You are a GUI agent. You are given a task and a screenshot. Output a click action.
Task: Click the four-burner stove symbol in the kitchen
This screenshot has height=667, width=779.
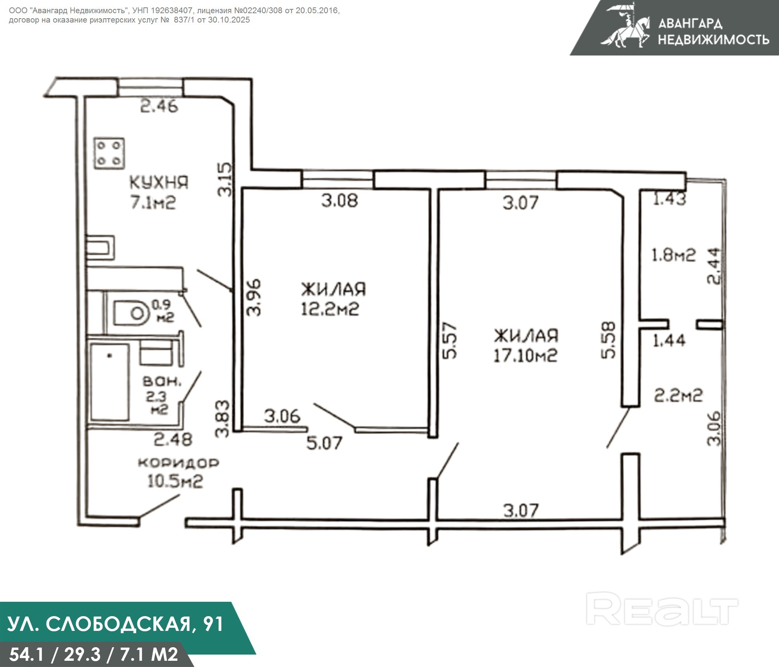[x=109, y=153]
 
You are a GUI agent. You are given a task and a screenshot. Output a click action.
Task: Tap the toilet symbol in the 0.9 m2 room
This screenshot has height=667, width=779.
[x=131, y=313]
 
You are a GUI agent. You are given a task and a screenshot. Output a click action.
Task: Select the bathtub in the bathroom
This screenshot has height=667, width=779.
[x=110, y=382]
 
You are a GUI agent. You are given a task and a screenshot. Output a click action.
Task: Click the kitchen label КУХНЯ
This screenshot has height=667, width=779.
[x=158, y=182]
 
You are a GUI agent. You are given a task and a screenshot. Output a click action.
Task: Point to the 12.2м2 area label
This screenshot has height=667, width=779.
[x=330, y=309]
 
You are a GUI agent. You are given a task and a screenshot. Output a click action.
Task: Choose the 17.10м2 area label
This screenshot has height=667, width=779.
[x=525, y=356]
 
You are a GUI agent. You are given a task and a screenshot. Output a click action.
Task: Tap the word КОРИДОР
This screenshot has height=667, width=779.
[x=179, y=463]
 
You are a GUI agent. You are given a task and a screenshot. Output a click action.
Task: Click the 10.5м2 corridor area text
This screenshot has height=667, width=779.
[x=175, y=482]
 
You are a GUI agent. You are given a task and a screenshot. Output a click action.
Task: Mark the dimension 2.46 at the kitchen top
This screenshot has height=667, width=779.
[x=159, y=106]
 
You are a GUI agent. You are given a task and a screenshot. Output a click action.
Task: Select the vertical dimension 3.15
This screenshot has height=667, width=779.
[x=225, y=179]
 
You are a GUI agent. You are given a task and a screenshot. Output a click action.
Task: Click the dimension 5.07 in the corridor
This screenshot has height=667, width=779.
[x=324, y=443]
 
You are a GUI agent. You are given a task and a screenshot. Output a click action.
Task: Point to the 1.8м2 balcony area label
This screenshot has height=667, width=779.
[x=673, y=255]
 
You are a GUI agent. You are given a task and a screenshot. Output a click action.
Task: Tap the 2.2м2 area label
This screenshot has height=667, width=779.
[x=678, y=396]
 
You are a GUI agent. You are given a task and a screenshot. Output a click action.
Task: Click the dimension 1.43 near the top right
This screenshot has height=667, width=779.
[x=670, y=199]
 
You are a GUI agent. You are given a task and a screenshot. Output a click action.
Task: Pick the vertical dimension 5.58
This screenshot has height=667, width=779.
[x=608, y=340]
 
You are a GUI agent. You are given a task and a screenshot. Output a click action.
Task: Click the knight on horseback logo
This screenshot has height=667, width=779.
[x=625, y=26]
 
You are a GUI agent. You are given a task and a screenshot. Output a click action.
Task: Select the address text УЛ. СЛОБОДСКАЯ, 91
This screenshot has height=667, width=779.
[x=116, y=624]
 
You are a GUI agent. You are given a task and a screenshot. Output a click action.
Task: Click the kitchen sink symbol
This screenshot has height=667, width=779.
[x=100, y=248]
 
